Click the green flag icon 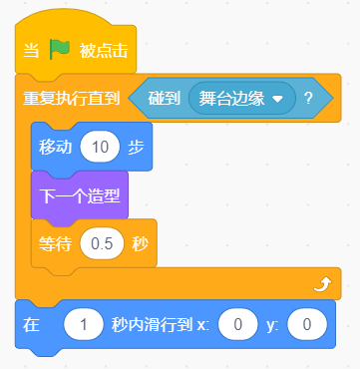(60, 50)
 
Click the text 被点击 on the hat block (104, 51)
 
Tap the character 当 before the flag (31, 51)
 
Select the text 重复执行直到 (71, 99)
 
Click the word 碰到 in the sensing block (165, 99)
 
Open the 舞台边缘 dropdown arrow (277, 99)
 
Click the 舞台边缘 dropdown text (231, 99)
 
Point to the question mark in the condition (308, 99)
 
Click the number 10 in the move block (100, 147)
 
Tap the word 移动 (55, 147)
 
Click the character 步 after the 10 (136, 147)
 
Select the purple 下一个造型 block (80, 195)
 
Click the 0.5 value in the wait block (102, 244)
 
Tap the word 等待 (55, 244)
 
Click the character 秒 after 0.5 (141, 244)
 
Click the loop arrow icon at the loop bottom (323, 285)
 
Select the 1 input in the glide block (84, 325)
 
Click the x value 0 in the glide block (238, 325)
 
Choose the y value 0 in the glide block (307, 325)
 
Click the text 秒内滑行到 (152, 325)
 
